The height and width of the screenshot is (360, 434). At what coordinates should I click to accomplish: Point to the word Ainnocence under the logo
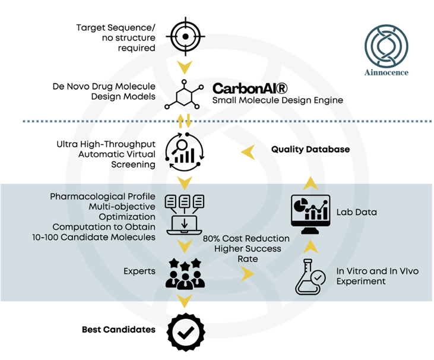tap(387, 74)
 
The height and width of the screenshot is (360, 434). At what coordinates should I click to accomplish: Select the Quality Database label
tap(311, 149)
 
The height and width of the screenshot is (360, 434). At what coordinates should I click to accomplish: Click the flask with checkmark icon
tap(311, 276)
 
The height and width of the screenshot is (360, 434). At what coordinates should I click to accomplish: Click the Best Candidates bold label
tap(118, 329)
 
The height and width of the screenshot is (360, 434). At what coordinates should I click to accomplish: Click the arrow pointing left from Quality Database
tap(248, 153)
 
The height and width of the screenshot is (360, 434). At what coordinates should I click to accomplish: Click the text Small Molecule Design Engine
tap(277, 100)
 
